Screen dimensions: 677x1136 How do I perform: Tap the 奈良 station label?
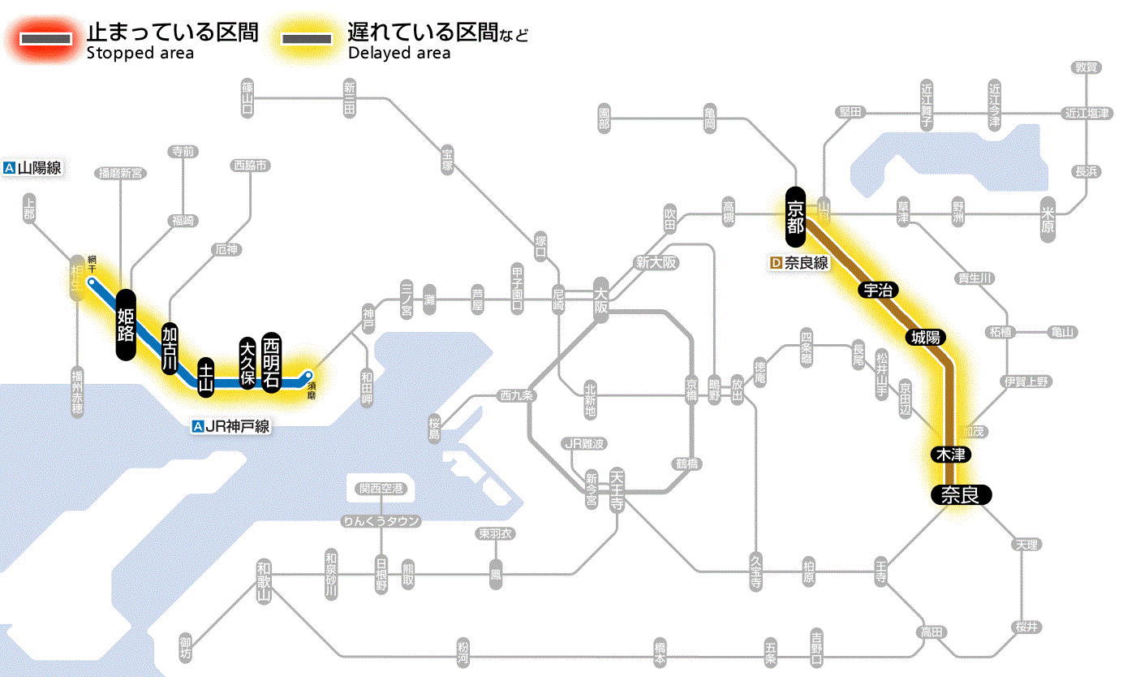click(x=960, y=494)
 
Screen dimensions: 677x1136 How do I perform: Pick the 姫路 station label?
click(x=126, y=324)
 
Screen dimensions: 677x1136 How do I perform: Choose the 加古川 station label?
click(x=170, y=348)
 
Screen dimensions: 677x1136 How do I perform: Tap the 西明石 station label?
click(x=271, y=362)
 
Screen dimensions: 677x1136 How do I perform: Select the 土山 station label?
click(x=207, y=377)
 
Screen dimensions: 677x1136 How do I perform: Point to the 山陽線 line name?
click(x=33, y=168)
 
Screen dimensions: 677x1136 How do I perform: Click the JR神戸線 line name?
click(x=230, y=426)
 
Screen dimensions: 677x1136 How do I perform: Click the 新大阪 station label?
click(x=656, y=262)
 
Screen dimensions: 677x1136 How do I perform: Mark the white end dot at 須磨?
click(x=308, y=375)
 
